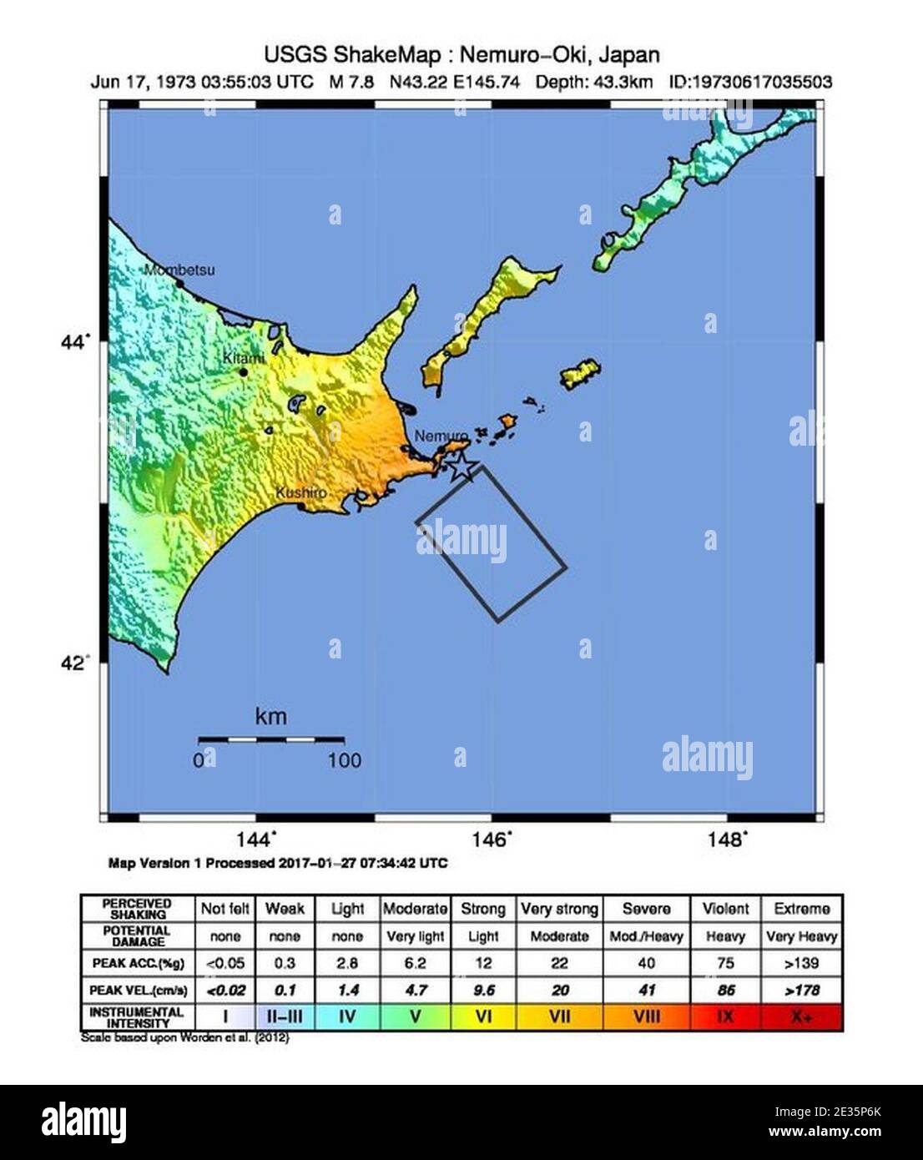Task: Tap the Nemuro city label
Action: pos(436,436)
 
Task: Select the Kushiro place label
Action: pos(300,493)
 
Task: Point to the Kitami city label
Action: pos(243,357)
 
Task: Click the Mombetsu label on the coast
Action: pos(179,270)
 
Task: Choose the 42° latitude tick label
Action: pos(75,663)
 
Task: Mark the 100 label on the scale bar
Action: pos(344,760)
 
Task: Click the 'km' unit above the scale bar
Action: pos(271,716)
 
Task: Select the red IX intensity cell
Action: pos(725,1017)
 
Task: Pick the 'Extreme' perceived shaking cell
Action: pos(801,909)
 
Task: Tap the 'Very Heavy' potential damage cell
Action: pos(801,936)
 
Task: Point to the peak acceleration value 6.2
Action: pos(415,963)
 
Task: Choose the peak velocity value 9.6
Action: pos(483,991)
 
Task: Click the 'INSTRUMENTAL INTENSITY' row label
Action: pos(138,1017)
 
